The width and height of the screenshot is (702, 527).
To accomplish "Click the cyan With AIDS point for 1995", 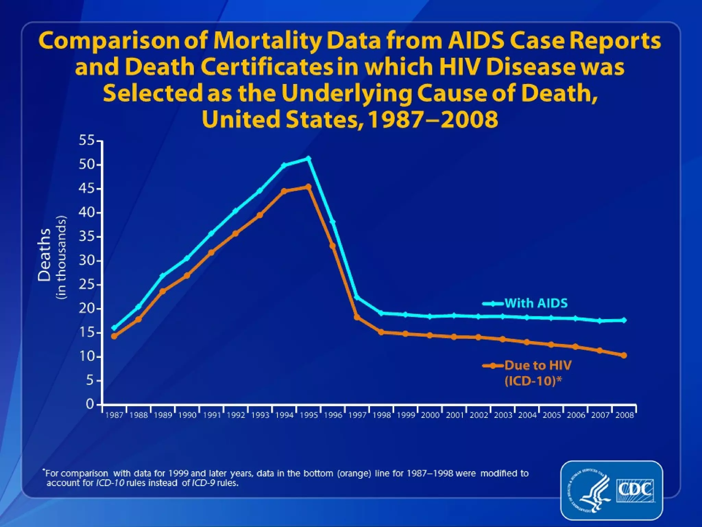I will pos(308,159).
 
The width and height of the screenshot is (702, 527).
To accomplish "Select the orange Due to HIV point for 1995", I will pos(308,187).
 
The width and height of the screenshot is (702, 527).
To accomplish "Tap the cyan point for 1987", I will pos(114,328).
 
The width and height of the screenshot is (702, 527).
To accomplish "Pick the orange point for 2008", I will pos(624,355).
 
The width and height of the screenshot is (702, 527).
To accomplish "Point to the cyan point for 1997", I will pos(357,297).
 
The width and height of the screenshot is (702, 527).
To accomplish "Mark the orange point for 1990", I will pos(187,276).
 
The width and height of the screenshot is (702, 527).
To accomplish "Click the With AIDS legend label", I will pos(536,303).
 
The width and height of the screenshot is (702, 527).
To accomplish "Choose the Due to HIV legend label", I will pos(538,366).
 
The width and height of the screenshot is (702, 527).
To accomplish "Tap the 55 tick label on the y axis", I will pos(86,140).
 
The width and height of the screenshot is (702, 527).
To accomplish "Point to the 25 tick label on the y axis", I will pos(86,284).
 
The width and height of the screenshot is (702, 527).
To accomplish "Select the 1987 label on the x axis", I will pos(114,415).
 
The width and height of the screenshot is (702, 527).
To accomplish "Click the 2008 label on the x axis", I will pos(625,415).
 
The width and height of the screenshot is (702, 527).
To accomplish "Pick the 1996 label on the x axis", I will pos(333,415).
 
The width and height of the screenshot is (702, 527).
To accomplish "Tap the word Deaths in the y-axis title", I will pos(45,255).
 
